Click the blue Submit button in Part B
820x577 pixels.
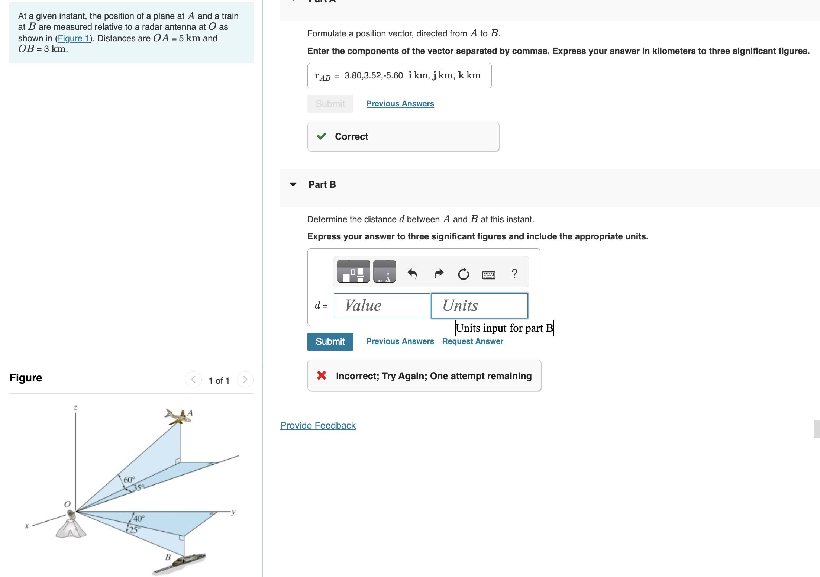pyautogui.click(x=330, y=341)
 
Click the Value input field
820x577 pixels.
pyautogui.click(x=382, y=306)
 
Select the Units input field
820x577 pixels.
pyautogui.click(x=480, y=306)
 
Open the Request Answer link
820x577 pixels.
pyautogui.click(x=472, y=341)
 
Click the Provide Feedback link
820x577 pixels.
pyautogui.click(x=318, y=425)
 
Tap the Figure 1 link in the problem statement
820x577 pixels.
pyautogui.click(x=73, y=38)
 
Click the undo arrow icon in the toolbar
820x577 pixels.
pyautogui.click(x=412, y=274)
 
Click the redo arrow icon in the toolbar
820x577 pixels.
pyautogui.click(x=439, y=274)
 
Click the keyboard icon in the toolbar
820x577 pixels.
pyautogui.click(x=488, y=275)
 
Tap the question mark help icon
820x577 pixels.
pyautogui.click(x=514, y=274)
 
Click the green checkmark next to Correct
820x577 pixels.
pyautogui.click(x=322, y=136)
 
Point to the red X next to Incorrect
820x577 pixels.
pyautogui.click(x=322, y=375)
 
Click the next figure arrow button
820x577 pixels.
pyautogui.click(x=245, y=380)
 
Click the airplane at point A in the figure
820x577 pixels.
pyautogui.click(x=178, y=417)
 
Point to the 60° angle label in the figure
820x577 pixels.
pyautogui.click(x=129, y=480)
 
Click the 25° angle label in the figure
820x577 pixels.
pyautogui.click(x=133, y=529)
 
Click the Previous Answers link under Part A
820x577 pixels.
pyautogui.click(x=400, y=104)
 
